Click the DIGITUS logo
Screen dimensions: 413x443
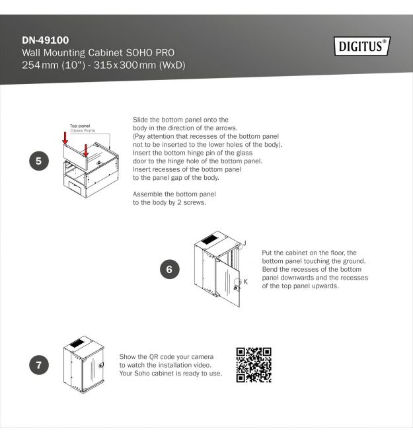(x=362, y=46)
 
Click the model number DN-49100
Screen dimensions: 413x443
(x=46, y=40)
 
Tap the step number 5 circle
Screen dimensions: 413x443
(x=39, y=161)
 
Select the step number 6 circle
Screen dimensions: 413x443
(x=169, y=269)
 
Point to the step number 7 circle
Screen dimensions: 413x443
(x=39, y=365)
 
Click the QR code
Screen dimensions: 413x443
(x=254, y=365)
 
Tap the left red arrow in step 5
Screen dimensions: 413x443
(x=65, y=138)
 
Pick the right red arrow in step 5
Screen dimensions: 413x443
(x=86, y=150)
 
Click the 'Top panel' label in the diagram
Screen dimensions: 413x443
(x=80, y=126)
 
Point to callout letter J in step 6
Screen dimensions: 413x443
(x=244, y=243)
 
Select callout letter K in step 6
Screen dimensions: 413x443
(x=246, y=282)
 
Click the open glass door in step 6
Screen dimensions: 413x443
(x=227, y=282)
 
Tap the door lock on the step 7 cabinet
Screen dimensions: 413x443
(x=101, y=365)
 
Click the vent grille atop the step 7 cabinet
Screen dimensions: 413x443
(x=77, y=344)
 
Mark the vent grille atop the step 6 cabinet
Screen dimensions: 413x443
(x=209, y=239)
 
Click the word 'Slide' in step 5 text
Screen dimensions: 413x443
(x=140, y=120)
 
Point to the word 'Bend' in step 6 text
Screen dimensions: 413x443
(x=270, y=269)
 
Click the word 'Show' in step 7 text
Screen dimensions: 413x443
(x=128, y=357)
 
